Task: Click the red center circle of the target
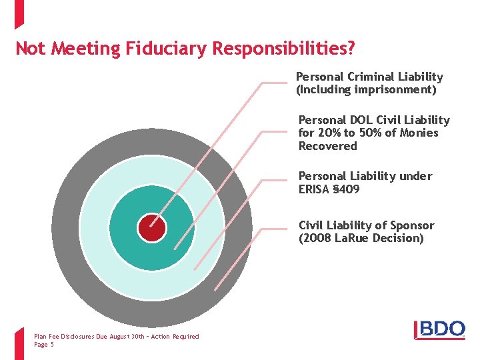click(x=152, y=228)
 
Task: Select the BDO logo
click(x=439, y=329)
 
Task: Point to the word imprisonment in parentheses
click(x=394, y=89)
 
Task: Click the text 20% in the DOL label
click(x=328, y=133)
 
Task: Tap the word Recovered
click(x=328, y=146)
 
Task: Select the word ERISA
click(x=315, y=189)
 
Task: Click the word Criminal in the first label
click(x=368, y=77)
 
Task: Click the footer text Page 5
click(x=44, y=345)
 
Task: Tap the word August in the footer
click(x=108, y=337)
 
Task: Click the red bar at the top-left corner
click(x=18, y=13)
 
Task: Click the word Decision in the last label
click(x=398, y=238)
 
